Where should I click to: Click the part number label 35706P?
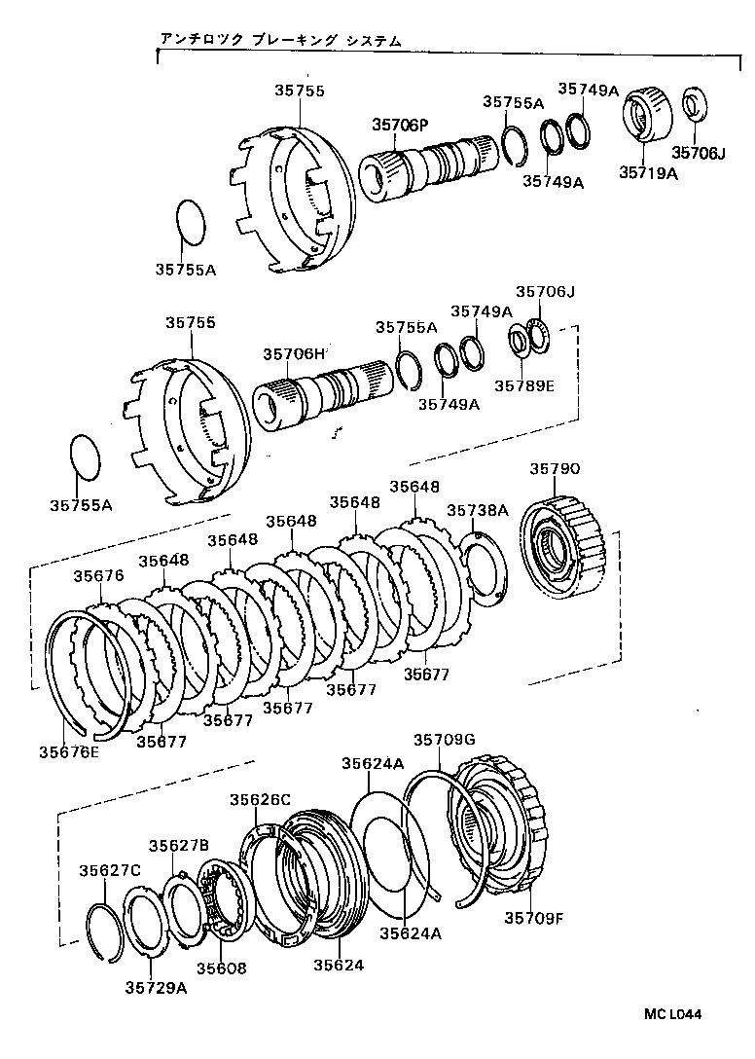click(x=399, y=125)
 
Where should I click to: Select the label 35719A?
click(x=649, y=173)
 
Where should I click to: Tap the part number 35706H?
click(x=293, y=354)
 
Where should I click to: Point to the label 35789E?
click(x=523, y=385)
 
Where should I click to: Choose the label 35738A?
click(x=478, y=510)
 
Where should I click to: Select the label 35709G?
click(x=444, y=740)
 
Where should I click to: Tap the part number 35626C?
click(x=260, y=799)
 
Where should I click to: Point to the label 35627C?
click(x=110, y=869)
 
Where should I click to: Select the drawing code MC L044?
click(x=671, y=1014)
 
